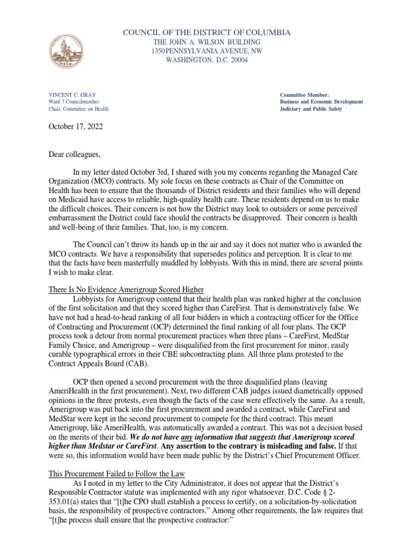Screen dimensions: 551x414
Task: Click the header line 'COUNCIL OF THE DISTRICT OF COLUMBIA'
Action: click(207, 33)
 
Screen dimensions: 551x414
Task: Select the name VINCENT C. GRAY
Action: click(72, 95)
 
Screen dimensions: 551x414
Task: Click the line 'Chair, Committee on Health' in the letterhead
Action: click(79, 109)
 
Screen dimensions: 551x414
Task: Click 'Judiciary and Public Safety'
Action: click(310, 109)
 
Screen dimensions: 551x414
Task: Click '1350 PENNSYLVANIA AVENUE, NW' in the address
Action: click(207, 51)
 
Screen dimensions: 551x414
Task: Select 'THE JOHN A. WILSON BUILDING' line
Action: click(207, 42)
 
